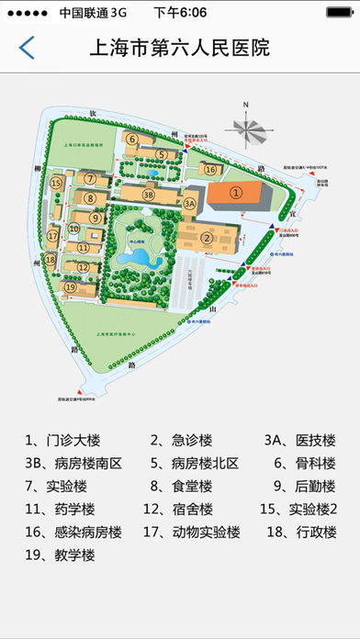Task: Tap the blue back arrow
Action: pos(28,49)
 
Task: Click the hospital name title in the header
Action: pos(180,49)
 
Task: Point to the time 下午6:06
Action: pos(180,12)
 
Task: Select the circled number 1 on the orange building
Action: pos(236,193)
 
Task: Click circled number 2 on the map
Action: pos(208,239)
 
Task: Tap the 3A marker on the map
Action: pos(190,203)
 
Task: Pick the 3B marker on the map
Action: pos(149,194)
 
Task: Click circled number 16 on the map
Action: pos(210,169)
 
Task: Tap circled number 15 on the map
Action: pos(56,184)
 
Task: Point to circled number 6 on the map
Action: pos(133,140)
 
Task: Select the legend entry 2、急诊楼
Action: pos(182,439)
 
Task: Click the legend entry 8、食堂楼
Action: pos(182,486)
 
